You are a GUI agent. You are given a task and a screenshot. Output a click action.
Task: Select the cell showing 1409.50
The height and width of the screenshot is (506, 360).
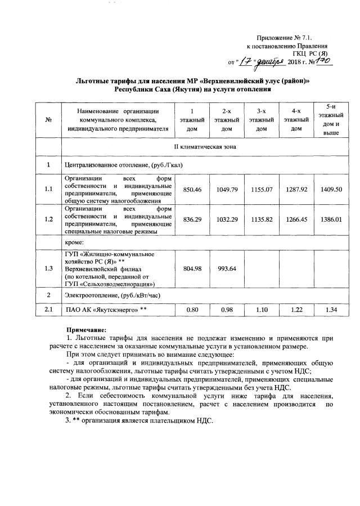pos(331,190)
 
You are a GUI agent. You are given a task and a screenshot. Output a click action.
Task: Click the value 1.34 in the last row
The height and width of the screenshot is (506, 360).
pos(331,310)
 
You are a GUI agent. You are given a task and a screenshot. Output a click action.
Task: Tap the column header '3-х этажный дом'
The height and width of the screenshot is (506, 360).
pos(261,120)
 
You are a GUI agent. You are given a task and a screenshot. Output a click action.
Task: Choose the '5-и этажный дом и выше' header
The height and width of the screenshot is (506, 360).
pos(331,120)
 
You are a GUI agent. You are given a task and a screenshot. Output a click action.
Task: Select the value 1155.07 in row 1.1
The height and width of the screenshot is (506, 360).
pos(261,190)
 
